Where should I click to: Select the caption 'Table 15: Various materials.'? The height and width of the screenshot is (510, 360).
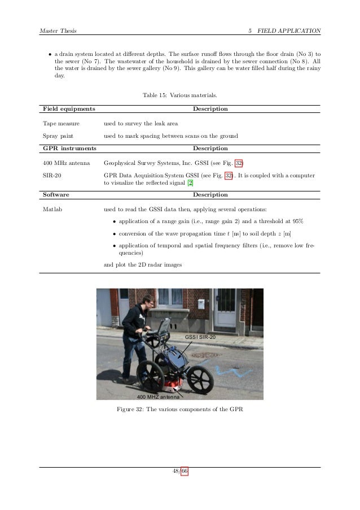(x=180, y=94)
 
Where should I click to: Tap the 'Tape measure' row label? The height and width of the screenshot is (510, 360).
(x=61, y=123)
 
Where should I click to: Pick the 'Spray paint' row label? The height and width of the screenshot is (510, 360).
(x=59, y=136)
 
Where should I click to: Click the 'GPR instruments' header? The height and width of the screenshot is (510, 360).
(x=69, y=148)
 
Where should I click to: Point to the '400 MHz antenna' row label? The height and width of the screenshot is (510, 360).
(x=67, y=163)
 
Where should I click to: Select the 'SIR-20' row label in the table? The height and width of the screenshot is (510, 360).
(x=52, y=176)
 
